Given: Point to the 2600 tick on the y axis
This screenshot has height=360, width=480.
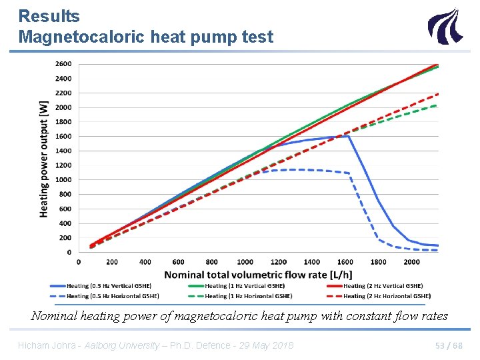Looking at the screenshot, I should click(x=63, y=64).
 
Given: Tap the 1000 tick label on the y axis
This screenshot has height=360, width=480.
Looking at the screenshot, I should click(x=63, y=180).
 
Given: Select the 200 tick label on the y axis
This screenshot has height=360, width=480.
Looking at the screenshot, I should click(x=65, y=238).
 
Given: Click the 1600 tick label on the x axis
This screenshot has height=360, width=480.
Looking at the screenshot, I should click(x=345, y=262).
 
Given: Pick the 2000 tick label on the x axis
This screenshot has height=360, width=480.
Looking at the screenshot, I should click(x=411, y=262).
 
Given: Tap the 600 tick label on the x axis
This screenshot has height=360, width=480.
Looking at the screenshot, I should click(x=178, y=262).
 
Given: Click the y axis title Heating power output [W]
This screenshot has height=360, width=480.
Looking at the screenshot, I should click(x=44, y=158).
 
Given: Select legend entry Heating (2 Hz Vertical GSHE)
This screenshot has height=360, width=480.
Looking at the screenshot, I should click(x=383, y=286).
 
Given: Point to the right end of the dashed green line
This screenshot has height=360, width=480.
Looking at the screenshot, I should click(x=437, y=105).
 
